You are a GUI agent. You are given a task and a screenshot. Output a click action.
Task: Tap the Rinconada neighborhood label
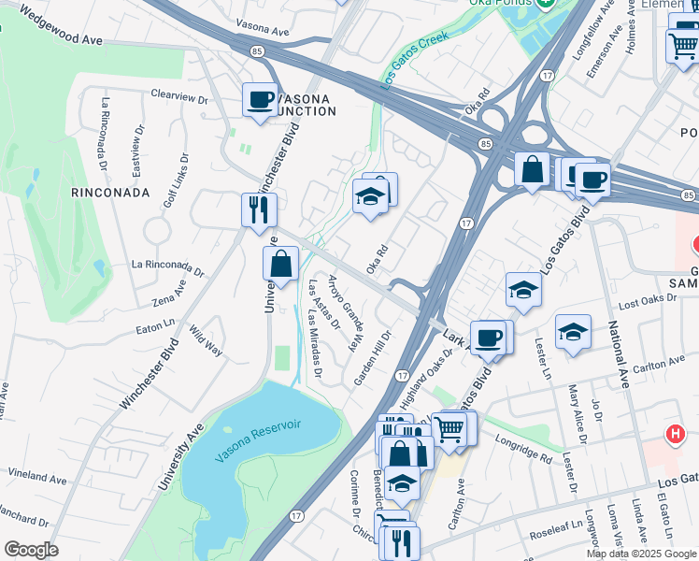(110, 193)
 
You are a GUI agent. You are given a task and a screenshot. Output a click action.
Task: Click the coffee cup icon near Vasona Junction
(260, 99)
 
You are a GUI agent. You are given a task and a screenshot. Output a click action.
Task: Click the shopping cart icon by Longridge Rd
(450, 428)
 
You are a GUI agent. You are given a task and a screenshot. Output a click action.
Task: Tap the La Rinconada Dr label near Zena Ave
(168, 267)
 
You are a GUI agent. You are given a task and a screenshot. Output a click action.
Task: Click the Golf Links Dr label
(170, 184)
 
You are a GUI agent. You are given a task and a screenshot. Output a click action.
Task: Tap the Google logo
(31, 550)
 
